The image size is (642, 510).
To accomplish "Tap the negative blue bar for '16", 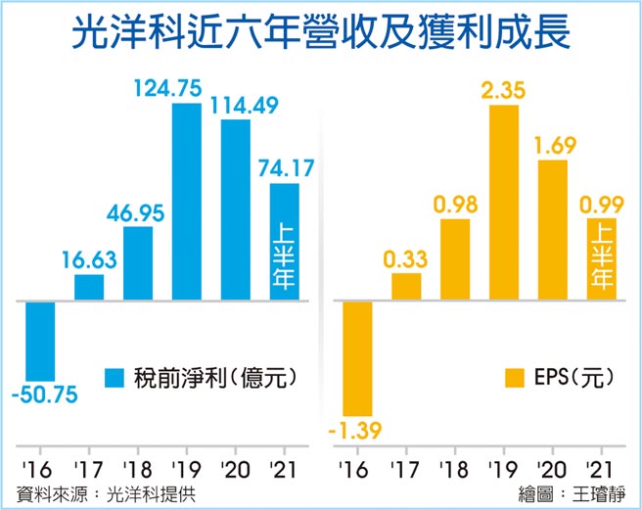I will pyautogui.click(x=40, y=339).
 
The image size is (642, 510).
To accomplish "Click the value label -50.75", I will pyautogui.click(x=44, y=396).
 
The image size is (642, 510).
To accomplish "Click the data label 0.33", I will pyautogui.click(x=406, y=259).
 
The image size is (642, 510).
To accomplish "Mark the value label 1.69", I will pyautogui.click(x=553, y=146).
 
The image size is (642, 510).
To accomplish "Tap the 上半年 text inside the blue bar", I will pyautogui.click(x=285, y=256).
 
